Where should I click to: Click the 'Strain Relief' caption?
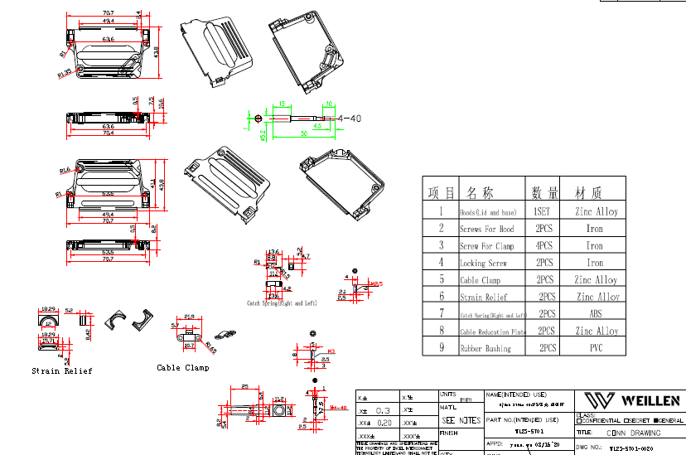[x=62, y=370]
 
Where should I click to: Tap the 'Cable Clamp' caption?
[x=183, y=367]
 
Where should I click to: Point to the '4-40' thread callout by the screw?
[x=350, y=119]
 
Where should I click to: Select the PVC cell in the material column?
[x=596, y=349]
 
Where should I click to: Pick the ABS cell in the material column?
[x=596, y=314]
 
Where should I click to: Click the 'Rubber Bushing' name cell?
[x=486, y=349]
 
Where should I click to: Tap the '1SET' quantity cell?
[x=542, y=211]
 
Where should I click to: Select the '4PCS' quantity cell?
[x=543, y=246]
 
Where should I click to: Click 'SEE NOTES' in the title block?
[x=460, y=421]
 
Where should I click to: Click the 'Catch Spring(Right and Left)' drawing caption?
[x=282, y=303]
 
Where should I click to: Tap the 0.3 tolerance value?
[x=384, y=411]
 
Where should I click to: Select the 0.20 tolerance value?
[x=384, y=423]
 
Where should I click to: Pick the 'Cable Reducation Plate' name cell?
[x=493, y=332]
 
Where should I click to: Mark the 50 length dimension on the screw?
[x=304, y=133]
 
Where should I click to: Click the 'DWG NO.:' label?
[x=589, y=448]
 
